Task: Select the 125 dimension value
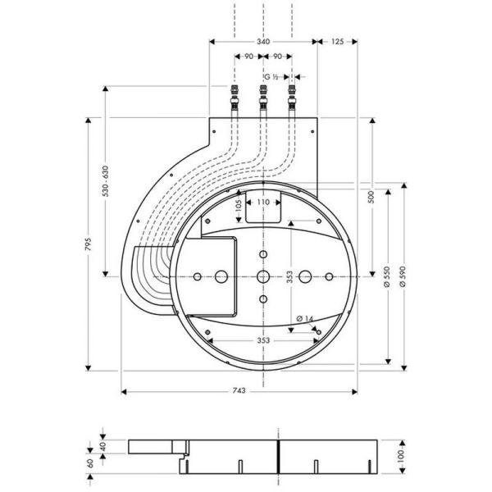[336, 41]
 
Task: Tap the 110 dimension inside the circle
[262, 201]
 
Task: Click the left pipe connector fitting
[235, 98]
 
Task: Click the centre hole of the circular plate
[262, 277]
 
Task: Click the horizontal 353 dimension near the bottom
[262, 339]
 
